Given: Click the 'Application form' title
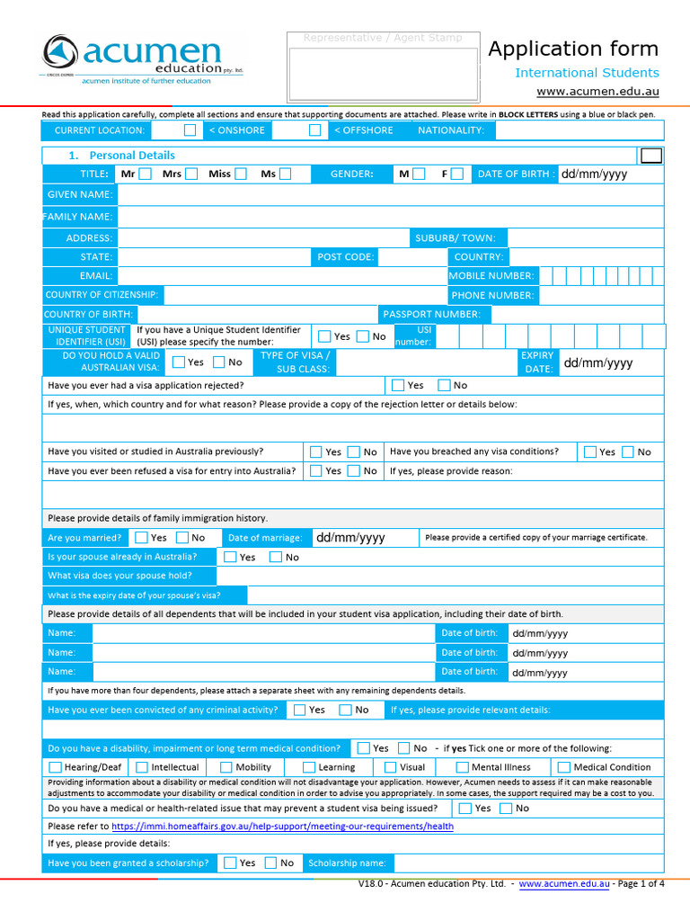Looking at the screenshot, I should [572, 49].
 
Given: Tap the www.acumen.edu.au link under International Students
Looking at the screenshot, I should [597, 92].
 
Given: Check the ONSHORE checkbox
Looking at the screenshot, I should [190, 130].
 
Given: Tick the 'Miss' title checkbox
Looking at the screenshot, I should [241, 174].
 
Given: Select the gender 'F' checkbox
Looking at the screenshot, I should [457, 174].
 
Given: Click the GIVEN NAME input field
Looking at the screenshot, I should [390, 194].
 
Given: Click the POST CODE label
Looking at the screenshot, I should [345, 257].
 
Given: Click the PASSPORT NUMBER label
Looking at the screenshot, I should [431, 314].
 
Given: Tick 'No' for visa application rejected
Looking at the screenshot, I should [444, 385].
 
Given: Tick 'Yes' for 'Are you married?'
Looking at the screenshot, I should [142, 538].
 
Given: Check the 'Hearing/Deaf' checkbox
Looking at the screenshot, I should [56, 767].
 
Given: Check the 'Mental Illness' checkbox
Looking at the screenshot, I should [463, 767].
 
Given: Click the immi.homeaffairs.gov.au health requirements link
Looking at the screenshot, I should [283, 826].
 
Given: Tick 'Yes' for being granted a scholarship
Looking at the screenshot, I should [230, 863].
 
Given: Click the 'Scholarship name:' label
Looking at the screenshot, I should [347, 863].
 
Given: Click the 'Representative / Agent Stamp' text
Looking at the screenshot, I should [383, 38].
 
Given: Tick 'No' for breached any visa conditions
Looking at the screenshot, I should [627, 452].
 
